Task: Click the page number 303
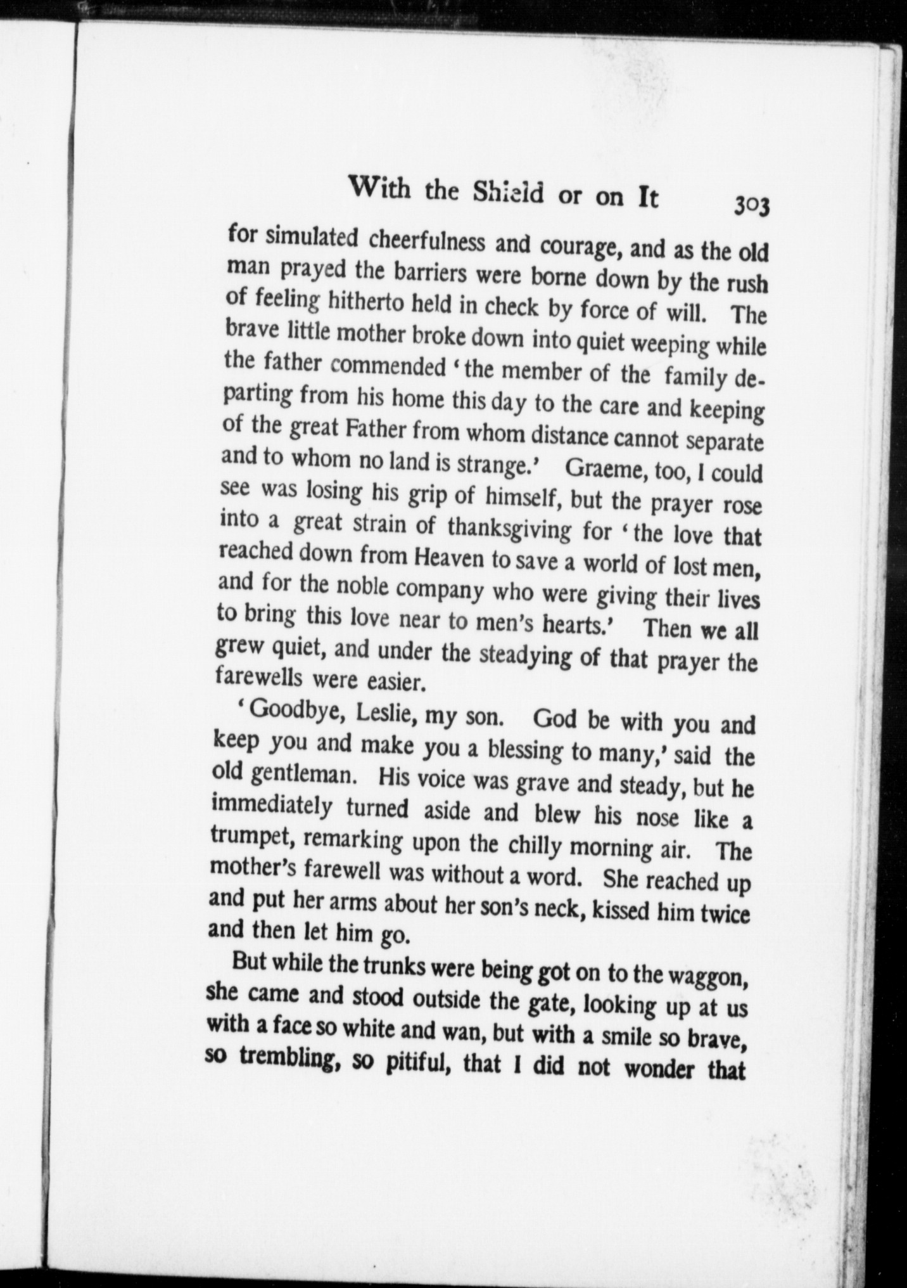coord(752,206)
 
